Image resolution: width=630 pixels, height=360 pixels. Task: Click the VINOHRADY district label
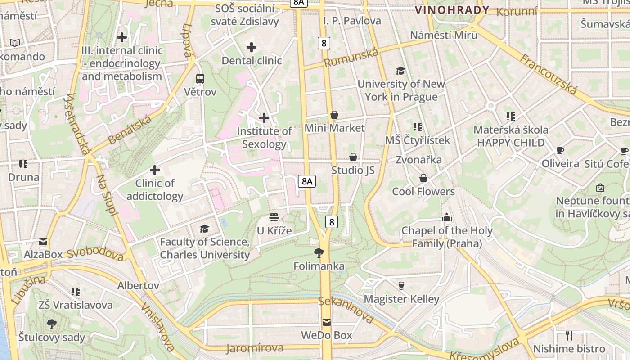[452, 10]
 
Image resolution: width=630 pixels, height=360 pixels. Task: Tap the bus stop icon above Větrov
[200, 79]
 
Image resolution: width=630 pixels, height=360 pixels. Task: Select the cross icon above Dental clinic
[252, 47]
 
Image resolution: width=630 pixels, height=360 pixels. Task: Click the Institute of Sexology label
[264, 138]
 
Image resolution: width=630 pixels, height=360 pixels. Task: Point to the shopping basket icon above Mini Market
[334, 115]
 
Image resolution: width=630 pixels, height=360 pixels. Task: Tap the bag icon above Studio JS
[353, 157]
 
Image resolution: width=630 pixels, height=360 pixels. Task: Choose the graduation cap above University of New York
[400, 71]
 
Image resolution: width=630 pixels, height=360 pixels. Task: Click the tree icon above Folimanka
[319, 252]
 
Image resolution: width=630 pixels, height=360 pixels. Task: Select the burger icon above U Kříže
[274, 218]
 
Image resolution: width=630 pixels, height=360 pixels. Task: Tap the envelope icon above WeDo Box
[326, 322]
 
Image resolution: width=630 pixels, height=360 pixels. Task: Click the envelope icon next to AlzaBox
[43, 242]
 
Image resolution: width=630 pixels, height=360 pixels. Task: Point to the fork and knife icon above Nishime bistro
[569, 335]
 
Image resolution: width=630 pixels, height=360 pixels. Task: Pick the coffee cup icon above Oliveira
[560, 150]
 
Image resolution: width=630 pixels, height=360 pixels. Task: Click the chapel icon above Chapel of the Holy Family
[446, 217]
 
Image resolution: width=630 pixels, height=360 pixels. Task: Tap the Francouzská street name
[549, 74]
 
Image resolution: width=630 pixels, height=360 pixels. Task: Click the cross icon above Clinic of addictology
[155, 170]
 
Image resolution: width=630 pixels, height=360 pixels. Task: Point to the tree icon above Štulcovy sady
[52, 324]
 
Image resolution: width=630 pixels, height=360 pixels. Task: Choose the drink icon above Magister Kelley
[401, 285]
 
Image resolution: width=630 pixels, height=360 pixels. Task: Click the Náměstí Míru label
[444, 35]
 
